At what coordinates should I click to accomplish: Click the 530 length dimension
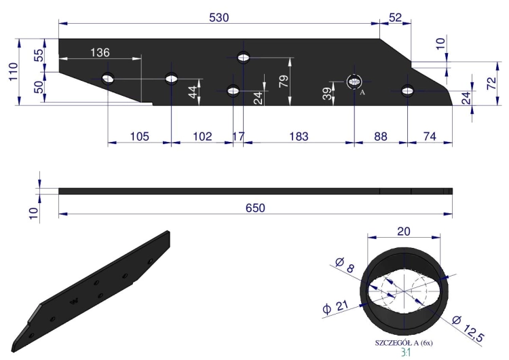tap(219, 18)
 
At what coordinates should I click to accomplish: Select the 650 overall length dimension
tap(255, 208)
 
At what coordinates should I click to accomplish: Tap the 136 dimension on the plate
tap(100, 52)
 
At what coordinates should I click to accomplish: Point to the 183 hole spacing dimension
tap(299, 137)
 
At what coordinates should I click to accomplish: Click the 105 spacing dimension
tap(139, 137)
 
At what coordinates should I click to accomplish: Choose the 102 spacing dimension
tap(202, 137)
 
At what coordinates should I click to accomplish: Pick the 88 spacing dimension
tap(381, 137)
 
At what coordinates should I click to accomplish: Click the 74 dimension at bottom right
tap(430, 137)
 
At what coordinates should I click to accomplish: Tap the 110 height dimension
tap(13, 72)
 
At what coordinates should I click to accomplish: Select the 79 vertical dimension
tap(284, 81)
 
